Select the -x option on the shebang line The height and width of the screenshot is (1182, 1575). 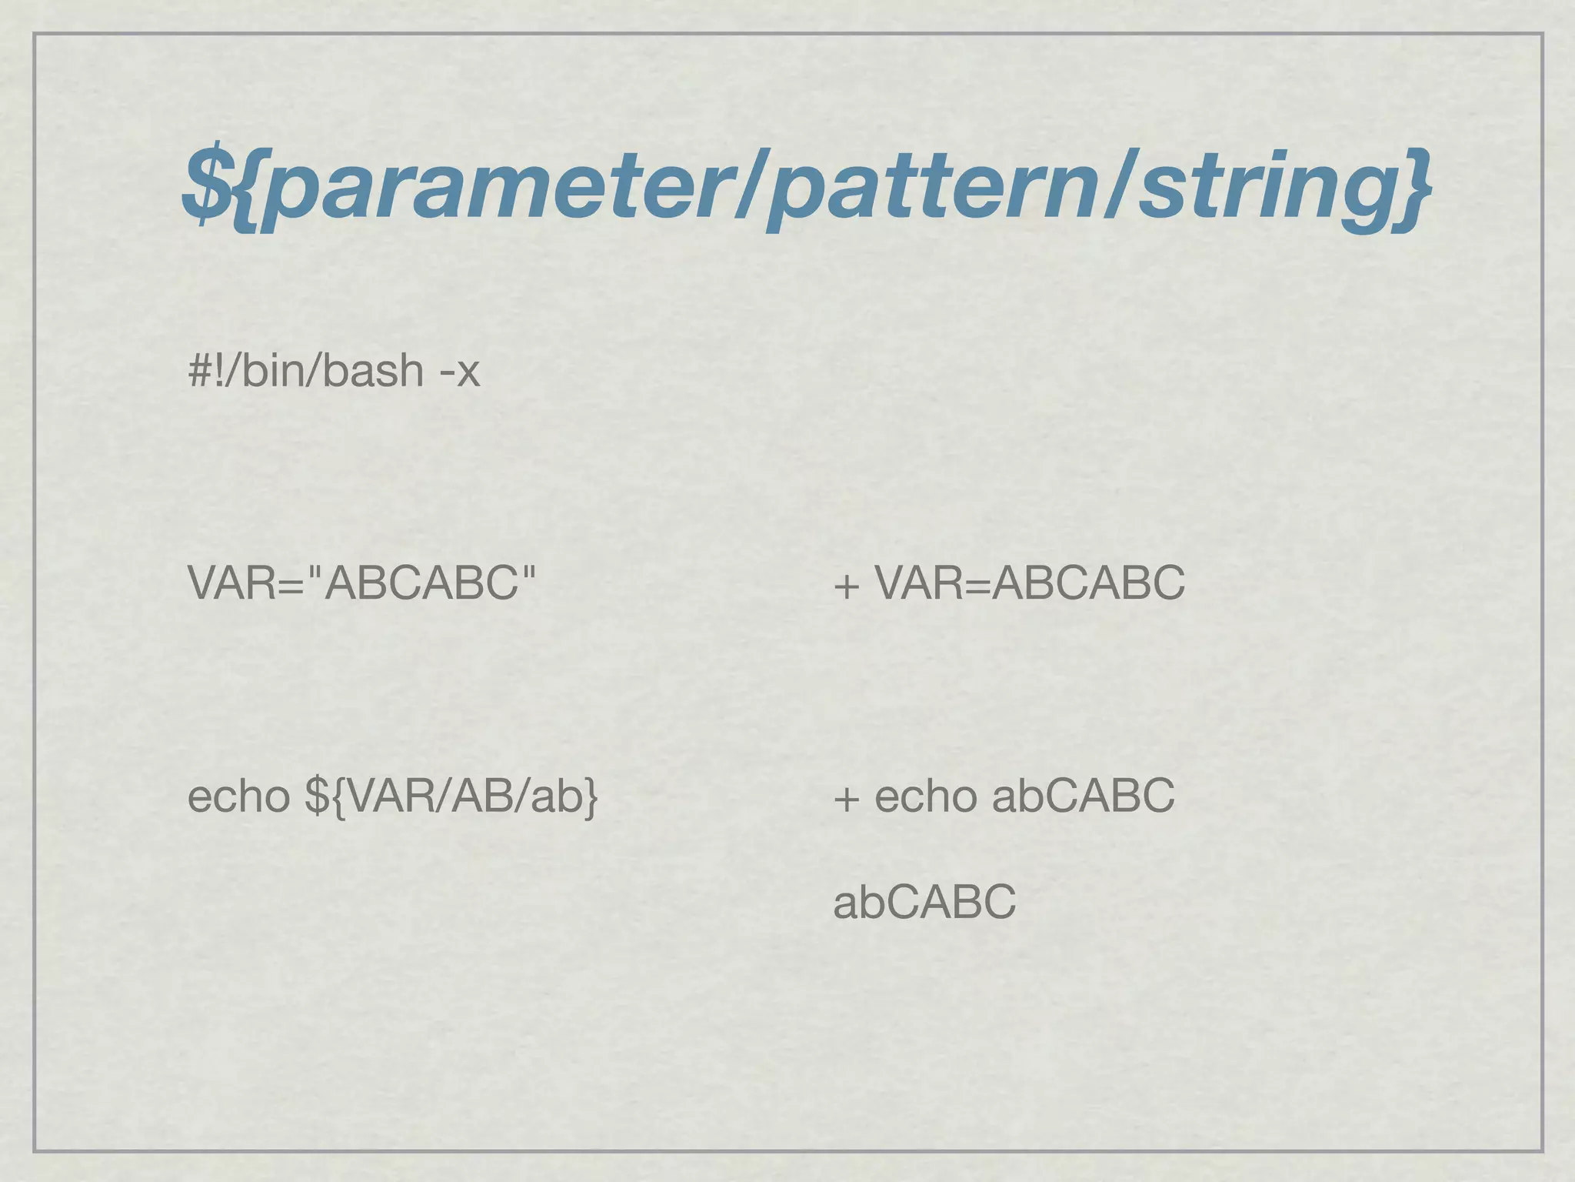click(x=459, y=371)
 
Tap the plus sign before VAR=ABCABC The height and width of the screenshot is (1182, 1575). click(x=846, y=586)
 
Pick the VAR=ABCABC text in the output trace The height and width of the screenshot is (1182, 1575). click(x=1031, y=583)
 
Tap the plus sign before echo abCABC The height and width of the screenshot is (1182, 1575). click(x=846, y=799)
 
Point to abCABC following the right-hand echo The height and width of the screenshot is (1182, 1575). click(x=1083, y=796)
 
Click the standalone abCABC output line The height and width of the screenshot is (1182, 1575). click(x=924, y=902)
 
